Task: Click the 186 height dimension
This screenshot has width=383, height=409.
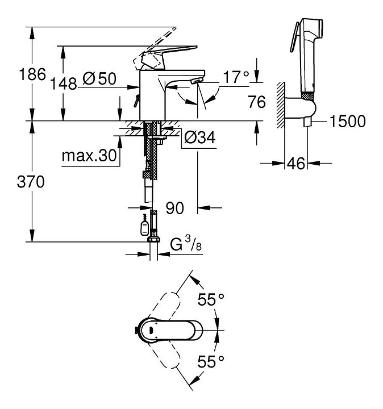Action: [32, 74]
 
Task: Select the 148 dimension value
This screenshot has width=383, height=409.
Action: [64, 84]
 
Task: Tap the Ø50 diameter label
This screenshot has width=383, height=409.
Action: [99, 78]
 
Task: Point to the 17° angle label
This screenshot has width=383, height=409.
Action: [236, 77]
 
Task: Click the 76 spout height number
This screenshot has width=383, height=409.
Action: [257, 102]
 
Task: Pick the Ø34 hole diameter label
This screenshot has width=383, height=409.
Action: [200, 137]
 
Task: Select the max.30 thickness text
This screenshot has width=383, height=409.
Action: [89, 156]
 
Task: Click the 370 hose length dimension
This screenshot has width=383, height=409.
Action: [31, 182]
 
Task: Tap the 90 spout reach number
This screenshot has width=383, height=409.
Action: [175, 208]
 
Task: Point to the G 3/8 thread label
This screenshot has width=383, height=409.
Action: [186, 243]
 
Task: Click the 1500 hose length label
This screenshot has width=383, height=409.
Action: [348, 122]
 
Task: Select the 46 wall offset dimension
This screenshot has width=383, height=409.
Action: [296, 164]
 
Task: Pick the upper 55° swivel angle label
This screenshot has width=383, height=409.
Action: [211, 299]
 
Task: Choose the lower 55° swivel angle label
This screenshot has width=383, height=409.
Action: [211, 361]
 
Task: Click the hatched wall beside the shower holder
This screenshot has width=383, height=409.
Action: [281, 105]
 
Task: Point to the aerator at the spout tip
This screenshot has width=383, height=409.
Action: [197, 81]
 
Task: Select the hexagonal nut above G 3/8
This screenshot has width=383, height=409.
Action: [153, 240]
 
